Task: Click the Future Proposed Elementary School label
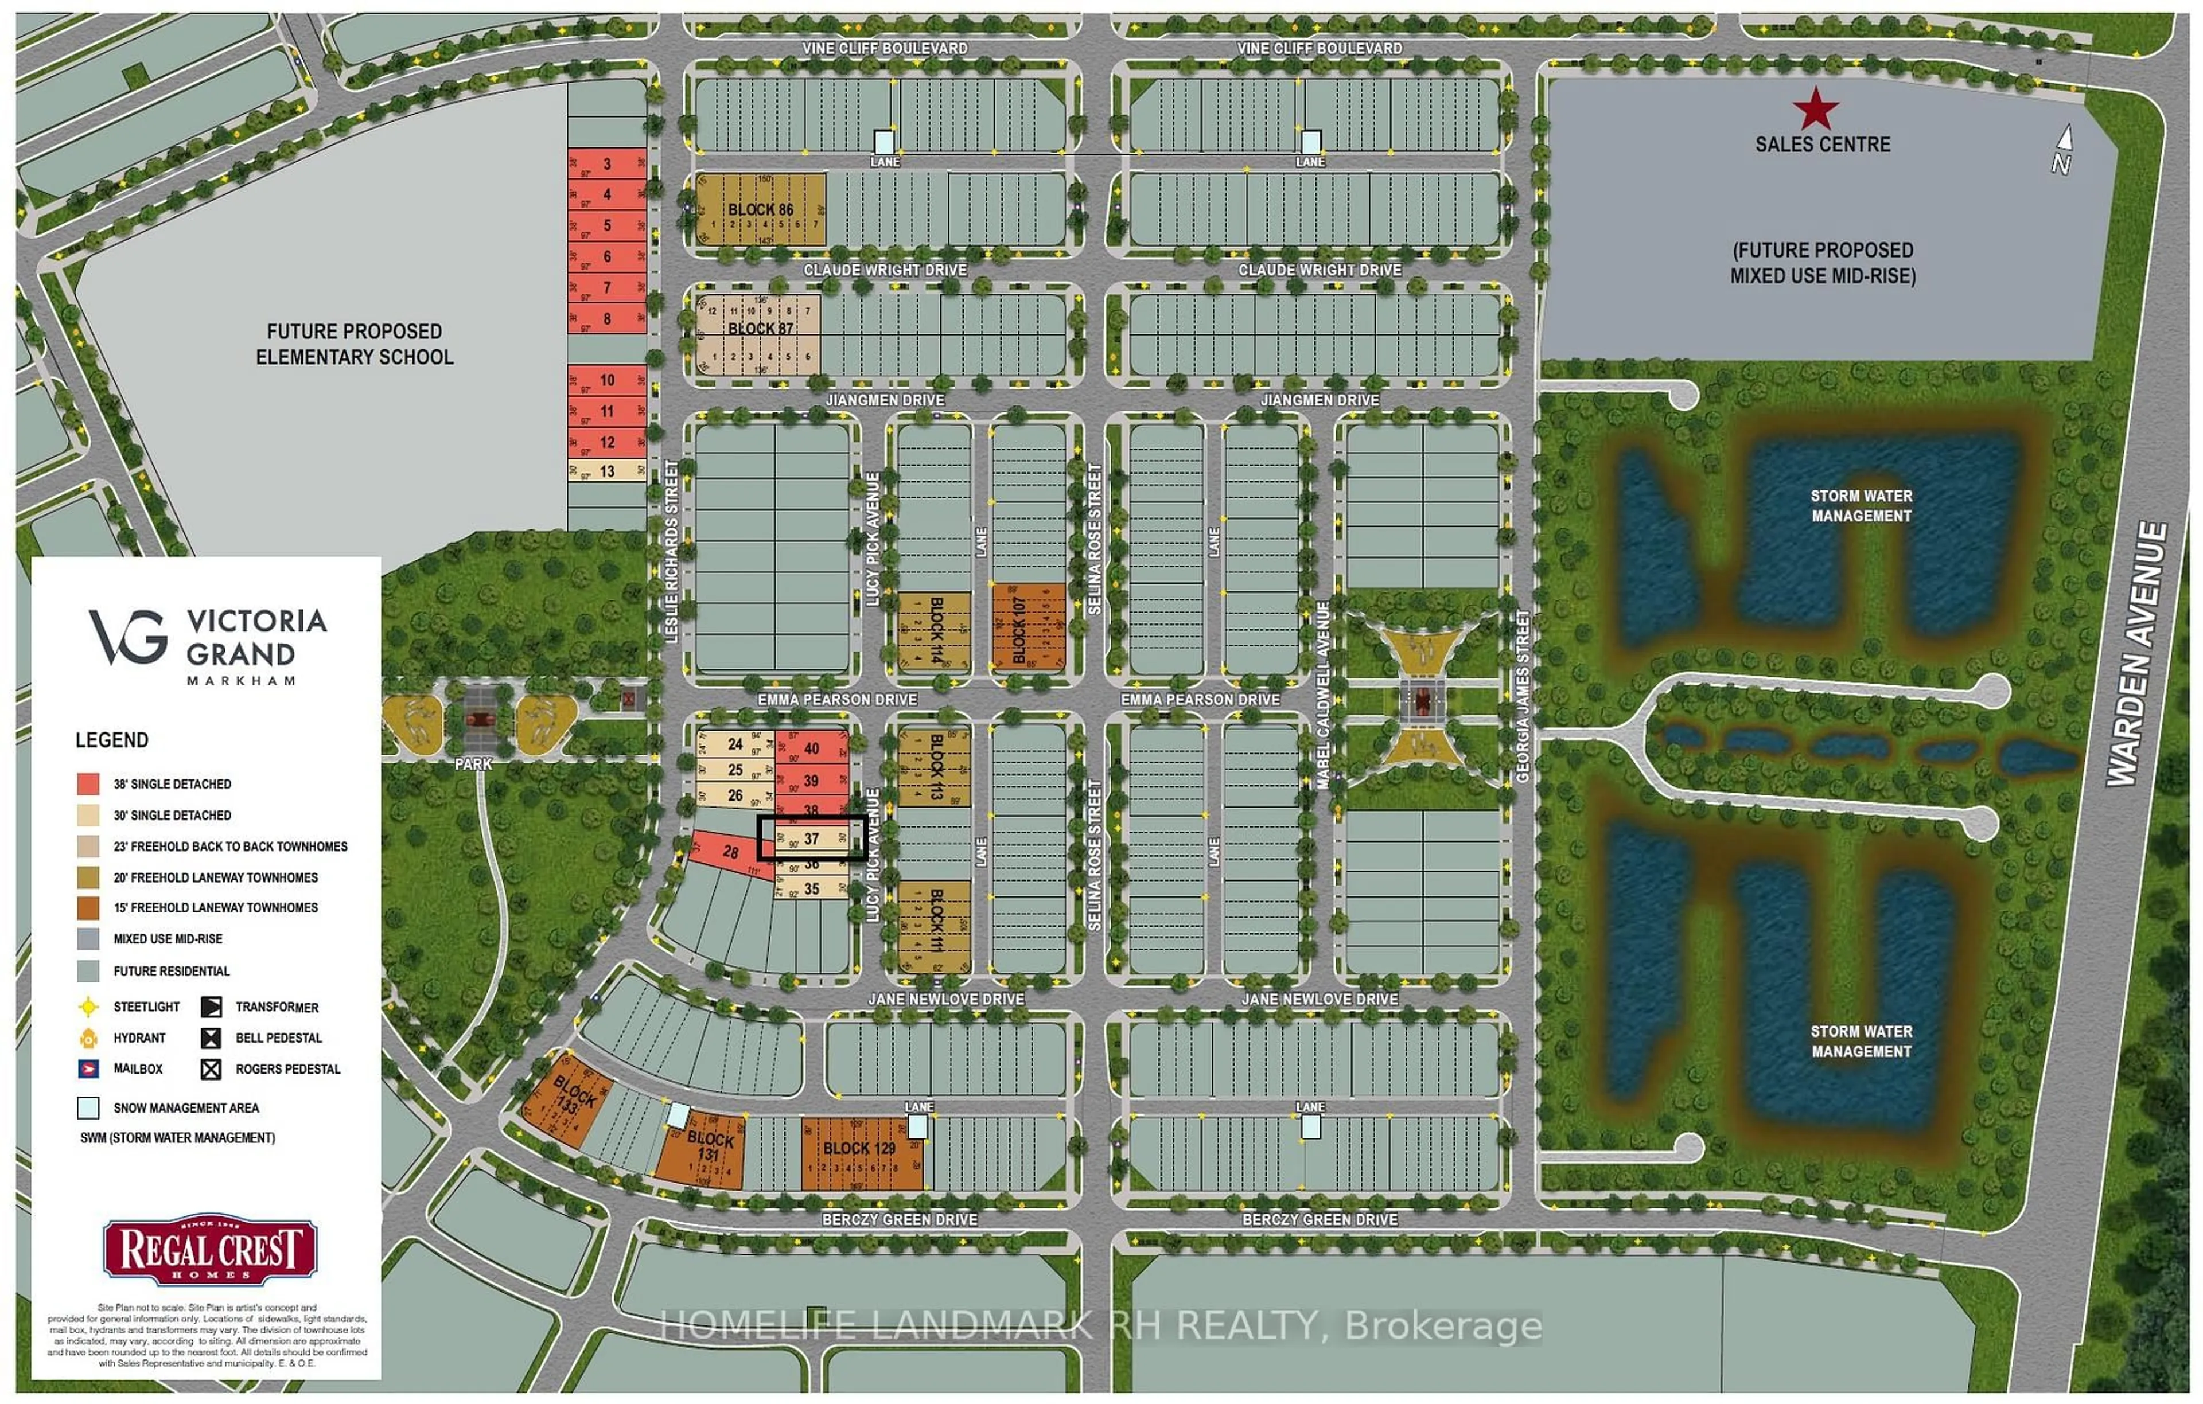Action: click(354, 344)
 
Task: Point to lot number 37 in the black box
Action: click(811, 838)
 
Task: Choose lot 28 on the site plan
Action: click(729, 852)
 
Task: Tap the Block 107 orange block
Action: click(1028, 629)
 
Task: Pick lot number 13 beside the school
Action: click(606, 471)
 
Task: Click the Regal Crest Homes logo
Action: click(211, 1249)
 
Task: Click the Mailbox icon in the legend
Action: click(88, 1068)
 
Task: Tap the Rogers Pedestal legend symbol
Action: click(211, 1068)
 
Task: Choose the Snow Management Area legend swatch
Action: click(88, 1107)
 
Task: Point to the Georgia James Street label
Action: click(1523, 697)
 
